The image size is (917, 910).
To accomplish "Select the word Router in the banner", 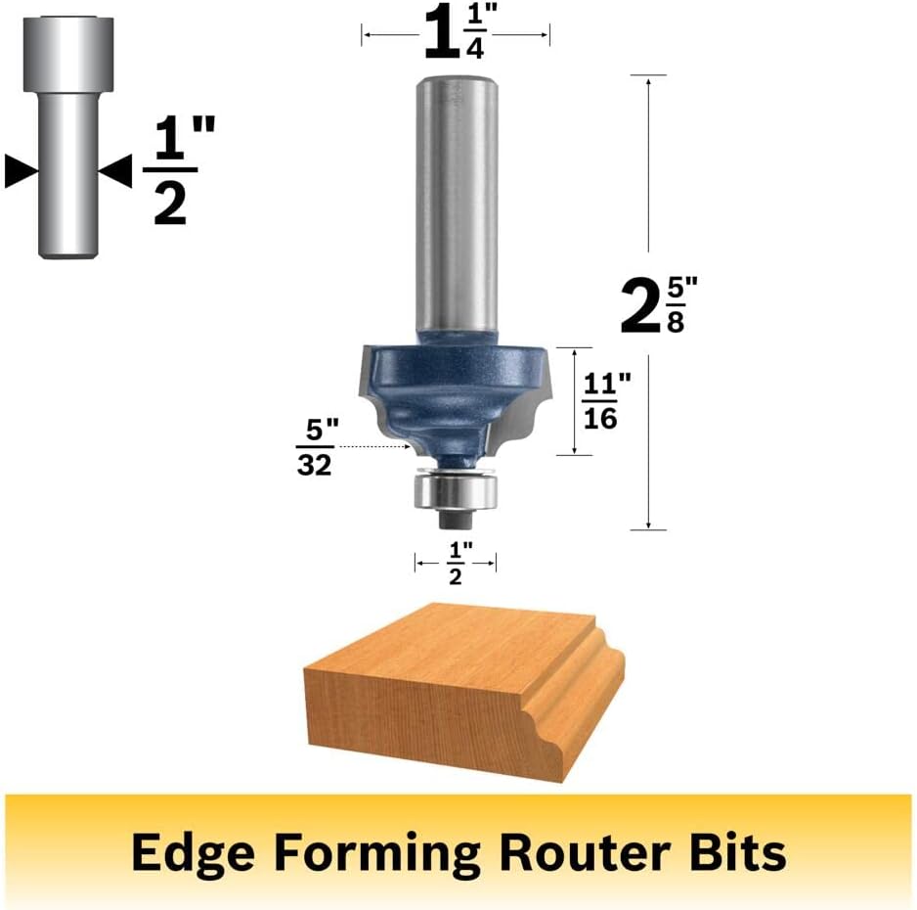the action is [585, 852].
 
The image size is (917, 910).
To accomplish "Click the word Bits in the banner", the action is [738, 852].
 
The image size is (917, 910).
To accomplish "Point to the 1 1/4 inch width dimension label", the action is [456, 35].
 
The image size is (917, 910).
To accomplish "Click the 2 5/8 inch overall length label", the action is [659, 305].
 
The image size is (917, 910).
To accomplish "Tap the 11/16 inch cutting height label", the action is [606, 401].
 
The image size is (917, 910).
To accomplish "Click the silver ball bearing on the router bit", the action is [456, 490].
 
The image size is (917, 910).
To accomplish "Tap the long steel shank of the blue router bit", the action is [457, 205].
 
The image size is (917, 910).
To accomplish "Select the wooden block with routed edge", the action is [465, 694].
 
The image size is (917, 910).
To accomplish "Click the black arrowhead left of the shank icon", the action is [22, 171].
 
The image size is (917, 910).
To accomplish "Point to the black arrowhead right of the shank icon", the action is [115, 171].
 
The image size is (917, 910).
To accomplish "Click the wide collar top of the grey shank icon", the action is [67, 55].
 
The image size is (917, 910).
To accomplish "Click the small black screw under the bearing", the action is [456, 519].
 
